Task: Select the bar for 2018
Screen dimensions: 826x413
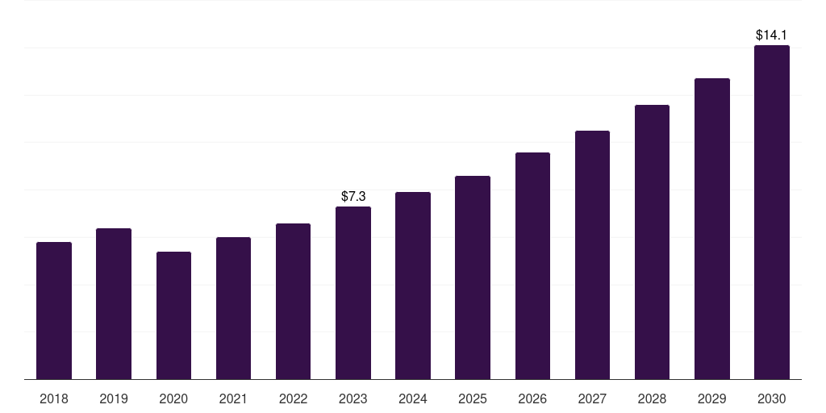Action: point(54,311)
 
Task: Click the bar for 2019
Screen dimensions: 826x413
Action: point(114,304)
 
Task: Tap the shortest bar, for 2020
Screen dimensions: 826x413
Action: point(174,315)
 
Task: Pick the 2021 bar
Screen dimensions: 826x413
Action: point(233,308)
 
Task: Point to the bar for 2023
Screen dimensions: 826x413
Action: point(353,293)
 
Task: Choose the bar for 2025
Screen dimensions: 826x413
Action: point(473,277)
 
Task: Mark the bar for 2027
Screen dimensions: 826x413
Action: point(593,255)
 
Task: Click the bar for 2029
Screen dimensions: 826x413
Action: point(712,228)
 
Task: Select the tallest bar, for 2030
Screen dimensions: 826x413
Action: point(772,212)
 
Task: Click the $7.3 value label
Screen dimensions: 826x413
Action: point(353,197)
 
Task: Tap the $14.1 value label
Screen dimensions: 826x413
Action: point(771,35)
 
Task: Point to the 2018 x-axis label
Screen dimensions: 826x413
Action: point(54,399)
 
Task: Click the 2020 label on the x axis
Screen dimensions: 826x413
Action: point(173,399)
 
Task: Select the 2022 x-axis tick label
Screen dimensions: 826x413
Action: point(293,399)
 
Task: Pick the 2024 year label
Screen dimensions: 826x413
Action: point(412,399)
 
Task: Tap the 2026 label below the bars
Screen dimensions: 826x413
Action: point(532,399)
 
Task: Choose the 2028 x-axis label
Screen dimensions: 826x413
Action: point(652,399)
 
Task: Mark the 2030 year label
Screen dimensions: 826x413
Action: point(772,399)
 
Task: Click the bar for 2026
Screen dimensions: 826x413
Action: point(532,266)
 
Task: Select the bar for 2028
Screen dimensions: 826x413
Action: point(652,242)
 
